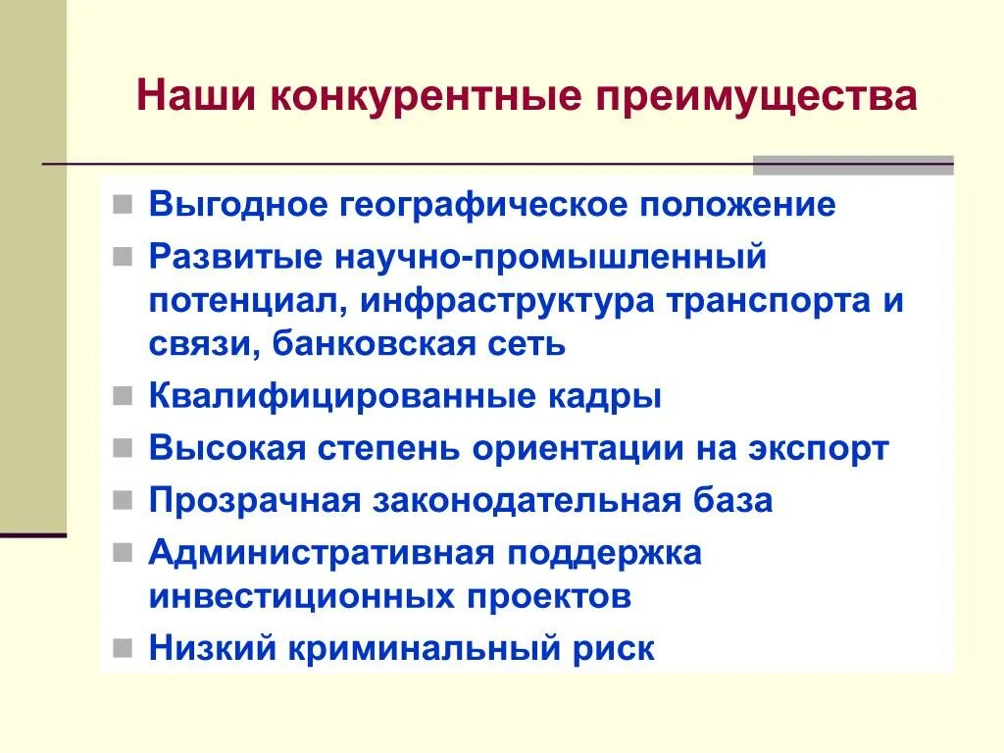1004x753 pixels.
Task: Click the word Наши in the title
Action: tap(188, 98)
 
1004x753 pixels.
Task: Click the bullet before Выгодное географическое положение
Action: tap(122, 206)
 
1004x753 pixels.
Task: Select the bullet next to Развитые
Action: tap(122, 257)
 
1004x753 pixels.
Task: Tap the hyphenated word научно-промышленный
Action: tap(550, 257)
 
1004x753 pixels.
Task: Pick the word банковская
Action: tap(373, 343)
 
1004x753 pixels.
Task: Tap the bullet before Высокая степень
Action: tap(122, 448)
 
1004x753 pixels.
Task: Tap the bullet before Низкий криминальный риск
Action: tap(122, 647)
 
